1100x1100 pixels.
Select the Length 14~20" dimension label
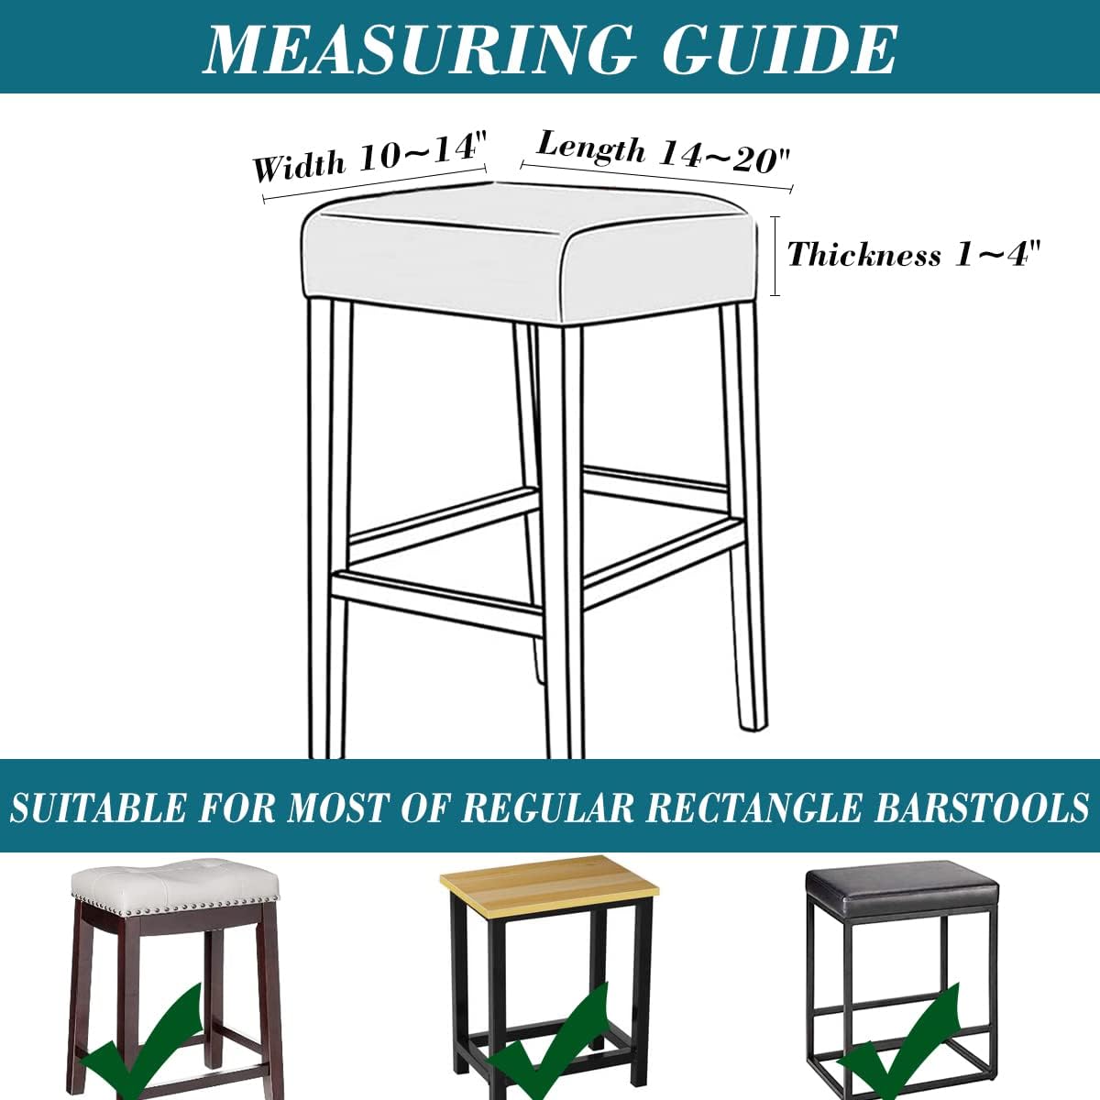pos(663,151)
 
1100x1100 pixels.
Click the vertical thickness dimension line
pos(775,256)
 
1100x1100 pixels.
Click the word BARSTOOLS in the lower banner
pos(980,808)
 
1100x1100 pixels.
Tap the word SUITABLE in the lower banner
pos(97,808)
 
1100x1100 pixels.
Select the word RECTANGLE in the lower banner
pos(753,808)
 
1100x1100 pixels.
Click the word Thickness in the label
pos(863,255)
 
